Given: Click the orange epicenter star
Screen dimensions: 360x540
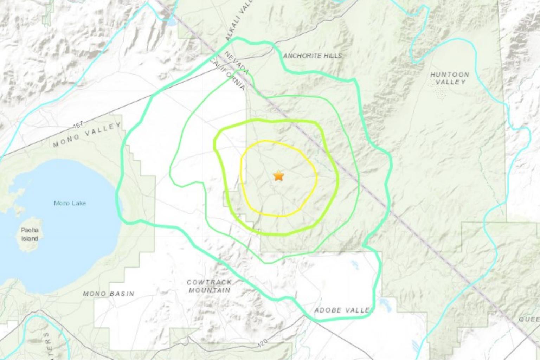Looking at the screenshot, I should click(278, 175).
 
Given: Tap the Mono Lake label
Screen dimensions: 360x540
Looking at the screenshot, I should click(70, 203).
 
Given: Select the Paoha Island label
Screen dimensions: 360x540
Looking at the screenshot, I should click(30, 234).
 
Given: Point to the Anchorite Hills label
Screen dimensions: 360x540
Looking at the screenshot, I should click(312, 56).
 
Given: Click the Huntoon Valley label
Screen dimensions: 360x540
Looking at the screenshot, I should click(450, 78).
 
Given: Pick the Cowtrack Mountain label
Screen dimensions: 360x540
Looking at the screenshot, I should click(209, 286).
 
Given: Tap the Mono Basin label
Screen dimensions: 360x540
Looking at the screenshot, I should click(109, 294).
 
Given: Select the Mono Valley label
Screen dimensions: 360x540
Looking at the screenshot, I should click(87, 135).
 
